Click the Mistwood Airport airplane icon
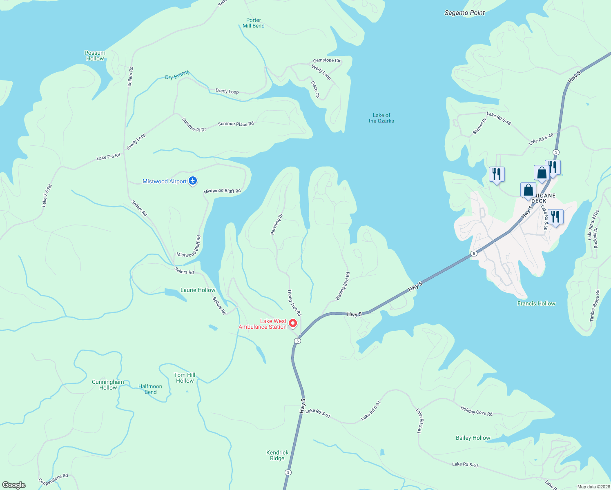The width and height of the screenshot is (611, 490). (x=193, y=181)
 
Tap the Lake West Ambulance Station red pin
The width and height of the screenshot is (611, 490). (x=293, y=323)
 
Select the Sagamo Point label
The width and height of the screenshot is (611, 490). (x=464, y=13)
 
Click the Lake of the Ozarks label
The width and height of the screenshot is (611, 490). (x=381, y=118)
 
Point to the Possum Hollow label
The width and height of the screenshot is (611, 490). (x=95, y=56)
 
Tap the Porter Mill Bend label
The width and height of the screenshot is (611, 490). (x=253, y=23)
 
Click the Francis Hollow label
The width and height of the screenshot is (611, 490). (x=536, y=303)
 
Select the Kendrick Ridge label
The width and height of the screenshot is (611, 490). (x=277, y=455)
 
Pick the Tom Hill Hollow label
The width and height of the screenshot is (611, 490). (x=185, y=378)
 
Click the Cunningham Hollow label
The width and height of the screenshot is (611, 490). (x=108, y=385)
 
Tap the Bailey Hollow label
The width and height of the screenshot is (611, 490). (x=473, y=438)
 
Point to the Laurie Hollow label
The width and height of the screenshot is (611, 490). (x=198, y=290)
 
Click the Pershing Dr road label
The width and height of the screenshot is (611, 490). (x=277, y=224)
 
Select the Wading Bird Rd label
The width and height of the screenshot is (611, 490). (x=342, y=286)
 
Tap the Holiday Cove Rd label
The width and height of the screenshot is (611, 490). (x=476, y=411)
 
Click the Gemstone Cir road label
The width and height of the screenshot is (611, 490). (x=327, y=60)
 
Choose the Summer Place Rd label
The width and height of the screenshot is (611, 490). (x=236, y=124)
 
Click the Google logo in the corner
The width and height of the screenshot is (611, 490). (x=13, y=485)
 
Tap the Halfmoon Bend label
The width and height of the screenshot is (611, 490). (x=150, y=389)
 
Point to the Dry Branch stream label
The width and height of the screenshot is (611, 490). (x=177, y=76)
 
